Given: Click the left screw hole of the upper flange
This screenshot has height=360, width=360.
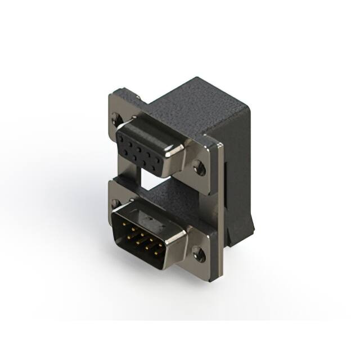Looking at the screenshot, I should click(x=116, y=118).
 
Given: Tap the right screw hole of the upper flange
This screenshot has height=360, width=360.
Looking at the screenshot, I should click(x=197, y=167).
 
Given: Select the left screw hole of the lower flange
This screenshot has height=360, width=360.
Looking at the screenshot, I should click(x=116, y=203).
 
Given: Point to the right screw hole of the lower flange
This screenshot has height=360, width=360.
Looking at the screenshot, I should click(x=198, y=254).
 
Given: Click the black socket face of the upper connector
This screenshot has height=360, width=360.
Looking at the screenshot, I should click(x=145, y=147).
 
